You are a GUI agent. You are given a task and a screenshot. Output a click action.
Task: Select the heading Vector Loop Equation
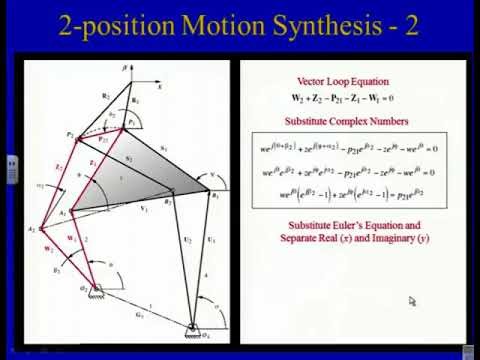point(344,81)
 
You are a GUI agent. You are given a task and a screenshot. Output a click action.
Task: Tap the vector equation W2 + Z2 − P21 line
point(344,98)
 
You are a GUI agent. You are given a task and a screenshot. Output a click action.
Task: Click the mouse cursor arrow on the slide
point(412,300)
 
